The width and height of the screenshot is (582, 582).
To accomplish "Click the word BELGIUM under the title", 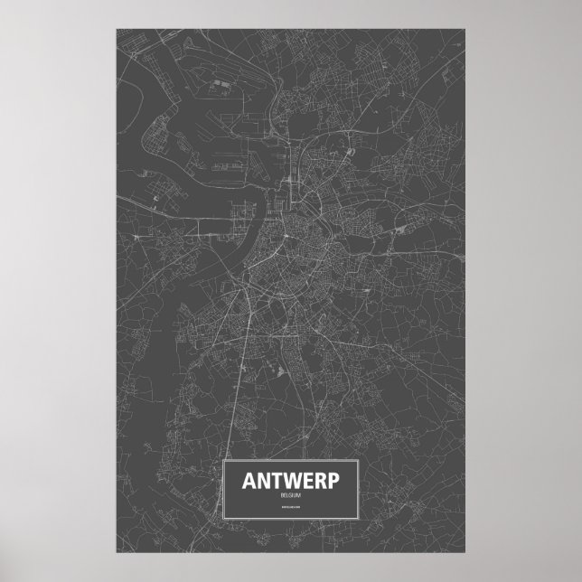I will [x=291, y=495].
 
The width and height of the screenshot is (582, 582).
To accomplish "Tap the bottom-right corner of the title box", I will [x=361, y=521].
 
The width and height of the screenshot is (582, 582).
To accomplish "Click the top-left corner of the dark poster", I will [x=117, y=26].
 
